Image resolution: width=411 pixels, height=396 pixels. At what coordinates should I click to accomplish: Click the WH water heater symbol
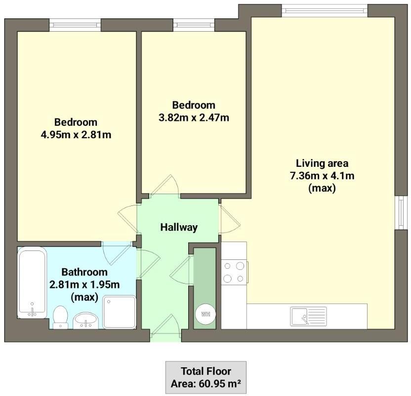pos(205,313)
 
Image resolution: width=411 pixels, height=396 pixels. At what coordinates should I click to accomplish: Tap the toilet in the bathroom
pos(60,317)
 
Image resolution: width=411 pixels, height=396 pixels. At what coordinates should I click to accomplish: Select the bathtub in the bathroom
pos(32,283)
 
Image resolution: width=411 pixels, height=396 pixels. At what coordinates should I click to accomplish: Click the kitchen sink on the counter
pos(308,316)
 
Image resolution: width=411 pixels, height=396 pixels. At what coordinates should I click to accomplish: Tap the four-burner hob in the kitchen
pos(234,272)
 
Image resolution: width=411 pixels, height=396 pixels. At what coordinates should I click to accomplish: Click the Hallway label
pos(179,227)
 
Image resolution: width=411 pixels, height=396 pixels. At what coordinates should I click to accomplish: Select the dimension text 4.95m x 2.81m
pos(76,135)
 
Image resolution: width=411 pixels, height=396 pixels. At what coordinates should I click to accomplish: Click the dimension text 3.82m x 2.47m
pos(194,117)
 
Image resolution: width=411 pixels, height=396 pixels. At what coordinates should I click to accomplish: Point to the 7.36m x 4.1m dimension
pos(322,176)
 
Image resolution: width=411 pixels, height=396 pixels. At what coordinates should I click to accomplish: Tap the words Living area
pos(322,163)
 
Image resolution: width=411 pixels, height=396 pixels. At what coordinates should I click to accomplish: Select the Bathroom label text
pos(84,272)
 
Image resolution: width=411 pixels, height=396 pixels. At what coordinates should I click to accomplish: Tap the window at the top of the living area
pos(325,10)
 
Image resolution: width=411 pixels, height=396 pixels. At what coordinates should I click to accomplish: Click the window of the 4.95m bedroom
pos(75,25)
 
